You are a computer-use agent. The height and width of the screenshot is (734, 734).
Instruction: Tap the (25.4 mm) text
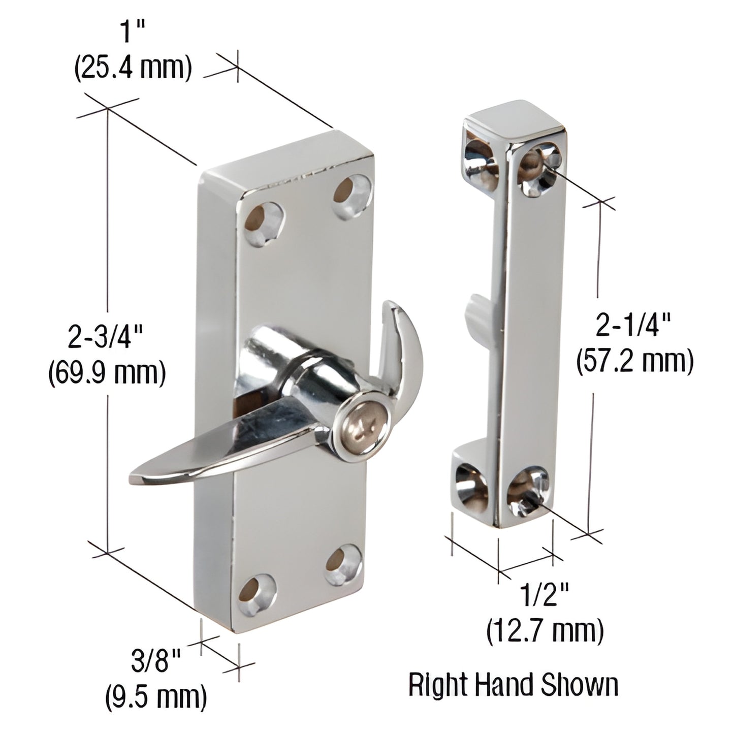pos(133,70)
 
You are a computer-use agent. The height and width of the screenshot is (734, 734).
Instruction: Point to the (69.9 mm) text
pos(107,374)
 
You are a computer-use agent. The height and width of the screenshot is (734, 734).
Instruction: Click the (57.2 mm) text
pos(635,362)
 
